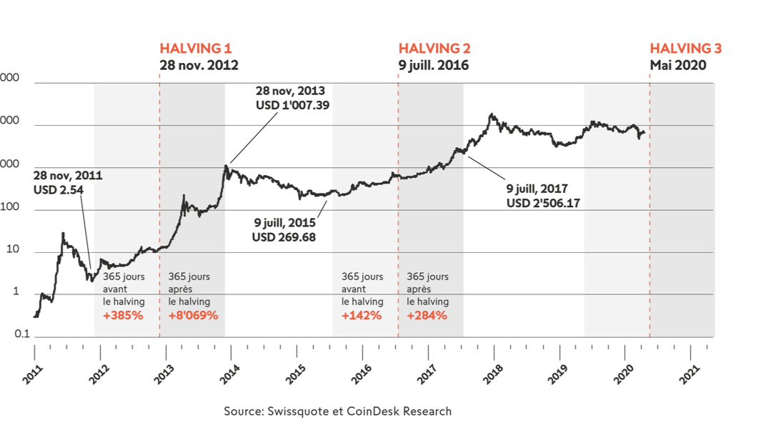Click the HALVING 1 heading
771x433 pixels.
click(x=195, y=49)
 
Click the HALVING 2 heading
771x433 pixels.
click(x=434, y=49)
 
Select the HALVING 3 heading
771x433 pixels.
click(x=685, y=49)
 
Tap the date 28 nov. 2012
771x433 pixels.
click(x=199, y=65)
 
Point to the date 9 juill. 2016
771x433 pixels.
click(x=433, y=65)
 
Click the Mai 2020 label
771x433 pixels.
click(x=677, y=65)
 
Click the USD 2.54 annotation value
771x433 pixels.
click(x=59, y=190)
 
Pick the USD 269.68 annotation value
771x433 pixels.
click(x=284, y=237)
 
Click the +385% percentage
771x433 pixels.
click(x=123, y=315)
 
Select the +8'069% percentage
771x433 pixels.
click(x=193, y=315)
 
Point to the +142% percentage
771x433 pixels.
click(x=361, y=315)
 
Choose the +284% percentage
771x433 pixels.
click(x=427, y=315)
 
